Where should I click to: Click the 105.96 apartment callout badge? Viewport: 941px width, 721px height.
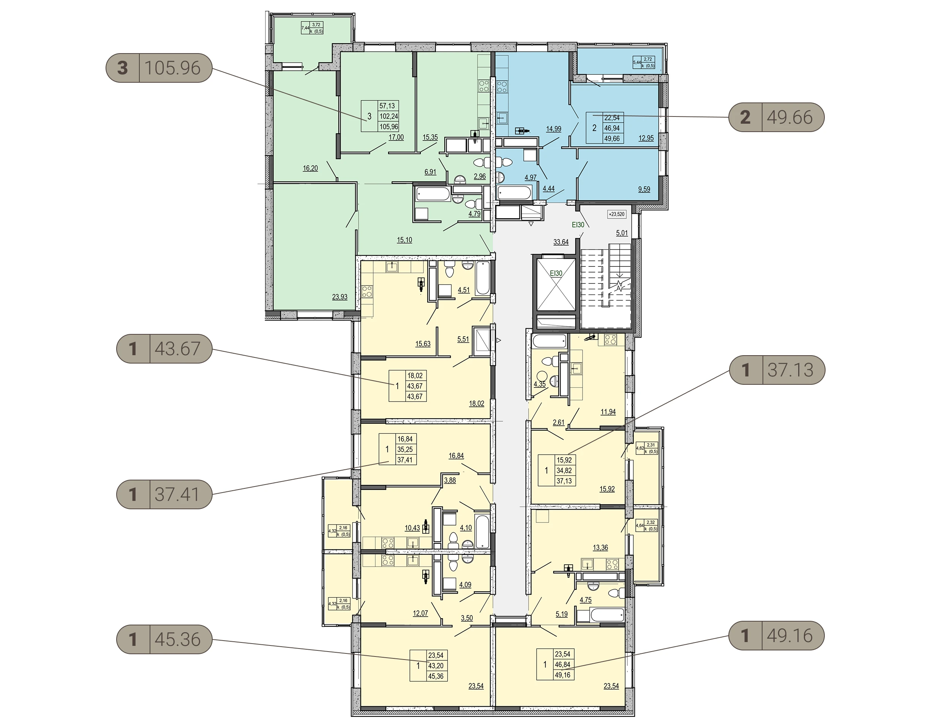coord(159,68)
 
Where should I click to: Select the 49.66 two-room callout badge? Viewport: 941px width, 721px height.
coord(777,117)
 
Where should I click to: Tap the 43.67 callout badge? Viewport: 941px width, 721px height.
coord(164,348)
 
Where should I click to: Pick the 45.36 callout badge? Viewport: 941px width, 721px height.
coord(164,639)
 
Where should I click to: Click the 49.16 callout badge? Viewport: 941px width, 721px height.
coord(777,636)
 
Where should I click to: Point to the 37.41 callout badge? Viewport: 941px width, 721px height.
coord(164,494)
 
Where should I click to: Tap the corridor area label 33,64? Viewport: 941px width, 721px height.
coord(561,242)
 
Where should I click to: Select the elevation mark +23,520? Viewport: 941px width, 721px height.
coord(617,214)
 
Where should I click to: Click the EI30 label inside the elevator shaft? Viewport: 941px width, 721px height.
coord(556,273)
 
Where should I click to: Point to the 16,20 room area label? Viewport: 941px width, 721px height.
coord(311,168)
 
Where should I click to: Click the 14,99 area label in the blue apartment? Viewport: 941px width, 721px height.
coord(554,129)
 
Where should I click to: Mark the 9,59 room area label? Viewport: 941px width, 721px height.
coord(644,189)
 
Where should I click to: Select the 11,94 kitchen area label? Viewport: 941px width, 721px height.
coord(608,412)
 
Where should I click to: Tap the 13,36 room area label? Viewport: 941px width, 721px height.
coord(600,548)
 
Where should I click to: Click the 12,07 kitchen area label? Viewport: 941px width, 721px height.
coord(420,613)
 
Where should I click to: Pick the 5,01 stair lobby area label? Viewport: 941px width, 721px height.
coord(622,233)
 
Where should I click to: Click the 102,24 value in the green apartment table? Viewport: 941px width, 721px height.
coord(389,116)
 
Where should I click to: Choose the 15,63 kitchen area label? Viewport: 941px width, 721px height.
coord(423,344)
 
